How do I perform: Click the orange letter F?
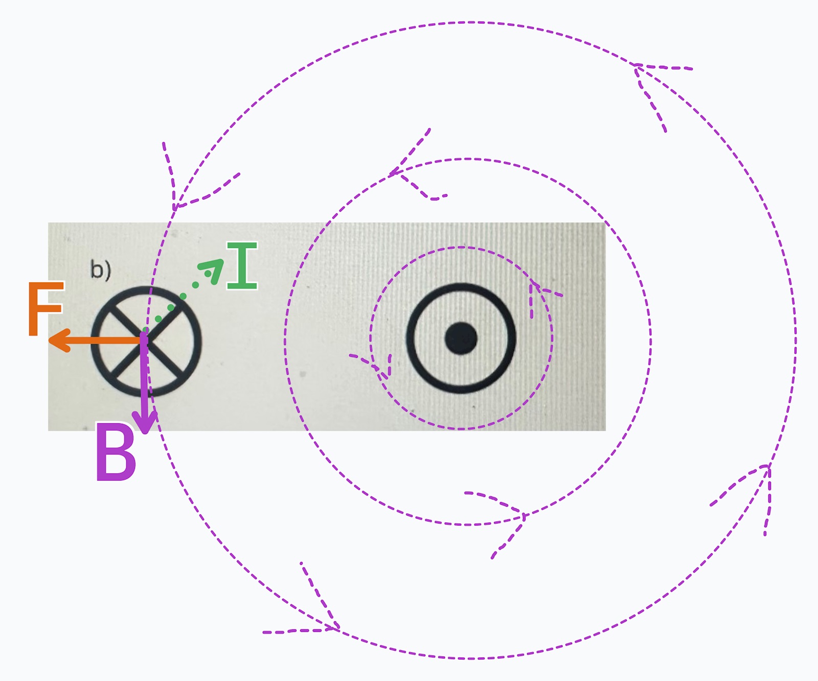tap(45, 309)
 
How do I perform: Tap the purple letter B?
tap(116, 453)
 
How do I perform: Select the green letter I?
tap(242, 266)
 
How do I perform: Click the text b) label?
tap(100, 269)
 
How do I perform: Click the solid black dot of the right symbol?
tap(461, 338)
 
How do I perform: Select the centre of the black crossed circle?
tap(146, 341)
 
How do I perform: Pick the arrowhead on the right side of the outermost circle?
tap(767, 467)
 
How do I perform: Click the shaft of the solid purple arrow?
tap(145, 383)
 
